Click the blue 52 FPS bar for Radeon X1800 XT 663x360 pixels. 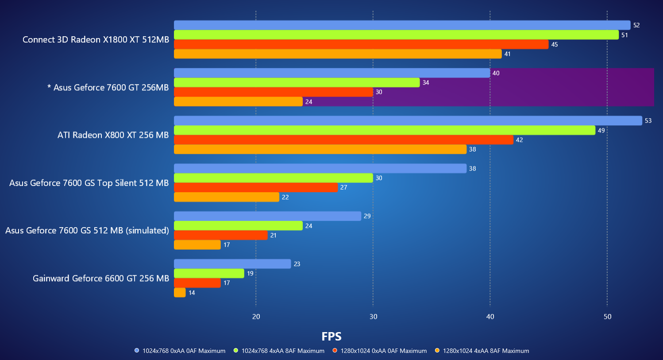(x=402, y=25)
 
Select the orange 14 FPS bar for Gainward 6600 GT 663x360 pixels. (x=180, y=293)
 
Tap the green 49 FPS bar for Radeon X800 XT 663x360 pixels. (x=384, y=130)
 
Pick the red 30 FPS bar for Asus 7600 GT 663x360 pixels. (x=274, y=92)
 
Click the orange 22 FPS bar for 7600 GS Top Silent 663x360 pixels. (x=227, y=197)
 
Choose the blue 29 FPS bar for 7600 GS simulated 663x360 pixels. (x=267, y=216)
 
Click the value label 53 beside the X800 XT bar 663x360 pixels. (x=648, y=121)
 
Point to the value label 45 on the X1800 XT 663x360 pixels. (x=554, y=45)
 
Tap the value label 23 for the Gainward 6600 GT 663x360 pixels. (x=297, y=264)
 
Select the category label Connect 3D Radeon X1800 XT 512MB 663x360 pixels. (x=96, y=40)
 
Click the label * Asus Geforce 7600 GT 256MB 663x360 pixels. (x=108, y=88)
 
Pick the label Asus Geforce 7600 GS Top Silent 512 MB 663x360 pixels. (x=89, y=183)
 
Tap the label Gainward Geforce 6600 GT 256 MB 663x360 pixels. (x=101, y=279)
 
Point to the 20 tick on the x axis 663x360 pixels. (x=256, y=317)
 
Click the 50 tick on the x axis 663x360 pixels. (x=607, y=317)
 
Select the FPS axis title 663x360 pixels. (x=331, y=337)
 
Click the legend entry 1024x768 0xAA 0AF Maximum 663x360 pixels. (x=184, y=351)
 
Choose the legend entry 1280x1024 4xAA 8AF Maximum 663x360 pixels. (x=486, y=351)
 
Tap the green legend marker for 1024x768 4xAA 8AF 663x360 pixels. (x=236, y=351)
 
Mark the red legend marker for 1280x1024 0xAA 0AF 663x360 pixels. (x=335, y=351)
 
